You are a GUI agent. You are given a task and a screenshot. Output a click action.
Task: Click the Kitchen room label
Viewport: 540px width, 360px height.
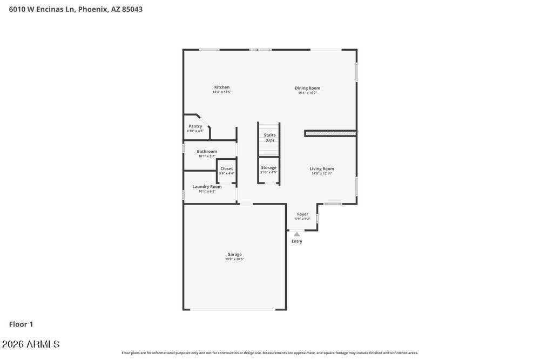(221, 87)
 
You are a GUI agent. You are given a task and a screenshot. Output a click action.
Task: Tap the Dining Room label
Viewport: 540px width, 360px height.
(307, 88)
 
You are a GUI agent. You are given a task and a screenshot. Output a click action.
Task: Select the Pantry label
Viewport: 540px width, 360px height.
(195, 126)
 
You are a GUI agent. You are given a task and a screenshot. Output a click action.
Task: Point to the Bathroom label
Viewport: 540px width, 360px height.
(207, 152)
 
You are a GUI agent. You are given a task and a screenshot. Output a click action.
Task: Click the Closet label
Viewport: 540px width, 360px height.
(226, 168)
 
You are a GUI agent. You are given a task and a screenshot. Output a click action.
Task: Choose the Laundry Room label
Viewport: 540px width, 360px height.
(207, 187)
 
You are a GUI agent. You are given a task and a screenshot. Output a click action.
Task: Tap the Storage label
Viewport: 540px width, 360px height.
(268, 168)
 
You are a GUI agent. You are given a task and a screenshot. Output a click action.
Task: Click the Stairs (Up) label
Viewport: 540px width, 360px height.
(269, 138)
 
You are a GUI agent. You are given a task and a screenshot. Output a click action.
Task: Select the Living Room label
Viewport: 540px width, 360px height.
(321, 169)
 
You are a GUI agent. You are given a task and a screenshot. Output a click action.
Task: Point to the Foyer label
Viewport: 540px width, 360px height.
(302, 214)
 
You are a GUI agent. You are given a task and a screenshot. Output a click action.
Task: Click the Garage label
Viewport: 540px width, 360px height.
(234, 254)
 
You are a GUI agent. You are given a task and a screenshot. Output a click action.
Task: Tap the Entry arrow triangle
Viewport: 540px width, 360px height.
(297, 234)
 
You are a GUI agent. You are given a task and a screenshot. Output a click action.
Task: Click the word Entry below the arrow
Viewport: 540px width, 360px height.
(297, 241)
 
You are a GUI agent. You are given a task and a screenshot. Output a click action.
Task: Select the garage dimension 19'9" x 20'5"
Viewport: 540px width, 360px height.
(234, 259)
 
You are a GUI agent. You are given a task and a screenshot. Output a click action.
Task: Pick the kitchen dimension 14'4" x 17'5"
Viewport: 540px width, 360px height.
(221, 92)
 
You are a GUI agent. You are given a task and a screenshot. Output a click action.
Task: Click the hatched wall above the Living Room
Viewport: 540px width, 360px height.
(330, 133)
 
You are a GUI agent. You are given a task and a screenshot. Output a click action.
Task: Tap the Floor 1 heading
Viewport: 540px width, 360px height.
(21, 324)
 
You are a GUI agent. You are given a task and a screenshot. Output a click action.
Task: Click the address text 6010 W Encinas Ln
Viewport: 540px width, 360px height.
(42, 9)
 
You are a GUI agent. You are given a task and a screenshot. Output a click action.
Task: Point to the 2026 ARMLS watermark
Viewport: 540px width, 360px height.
(31, 344)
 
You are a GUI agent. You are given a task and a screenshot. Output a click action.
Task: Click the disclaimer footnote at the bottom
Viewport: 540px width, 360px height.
(269, 353)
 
